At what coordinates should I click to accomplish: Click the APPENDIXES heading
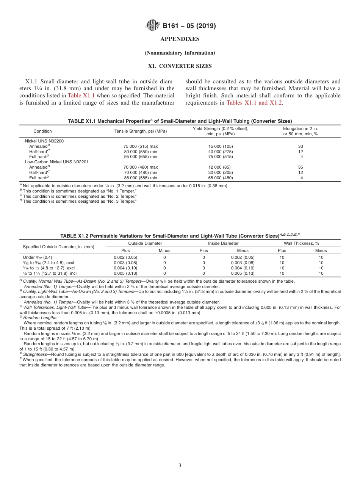point(180,39)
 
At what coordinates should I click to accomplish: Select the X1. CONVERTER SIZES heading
point(180,66)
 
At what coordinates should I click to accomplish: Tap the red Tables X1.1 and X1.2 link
point(254,102)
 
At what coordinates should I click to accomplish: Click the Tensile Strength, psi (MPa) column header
point(140,131)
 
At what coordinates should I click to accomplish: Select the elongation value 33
point(301,146)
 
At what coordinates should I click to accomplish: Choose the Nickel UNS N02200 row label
point(44,141)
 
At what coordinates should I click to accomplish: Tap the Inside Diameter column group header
point(223,243)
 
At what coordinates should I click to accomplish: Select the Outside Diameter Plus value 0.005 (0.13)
point(125,273)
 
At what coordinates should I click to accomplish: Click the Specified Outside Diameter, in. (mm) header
point(58,247)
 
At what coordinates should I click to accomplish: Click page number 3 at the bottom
point(180,466)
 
